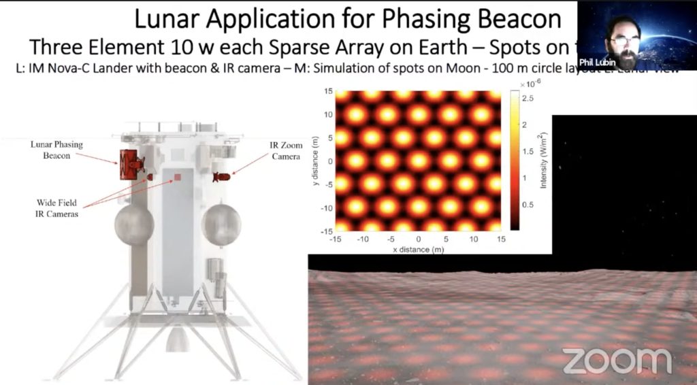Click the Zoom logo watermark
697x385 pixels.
tap(617, 361)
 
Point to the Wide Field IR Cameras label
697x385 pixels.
tap(58, 208)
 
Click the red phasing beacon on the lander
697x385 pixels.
tap(129, 164)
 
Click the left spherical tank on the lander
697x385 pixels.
tap(134, 225)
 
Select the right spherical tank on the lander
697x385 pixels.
tap(221, 224)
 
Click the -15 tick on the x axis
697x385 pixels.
tap(335, 239)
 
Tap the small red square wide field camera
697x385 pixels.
tap(177, 178)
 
